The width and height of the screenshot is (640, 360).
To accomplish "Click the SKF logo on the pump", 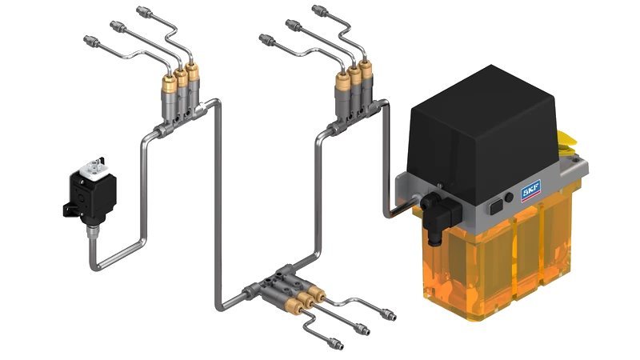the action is click(530, 190).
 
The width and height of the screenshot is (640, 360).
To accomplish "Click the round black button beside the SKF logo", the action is click(509, 198).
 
